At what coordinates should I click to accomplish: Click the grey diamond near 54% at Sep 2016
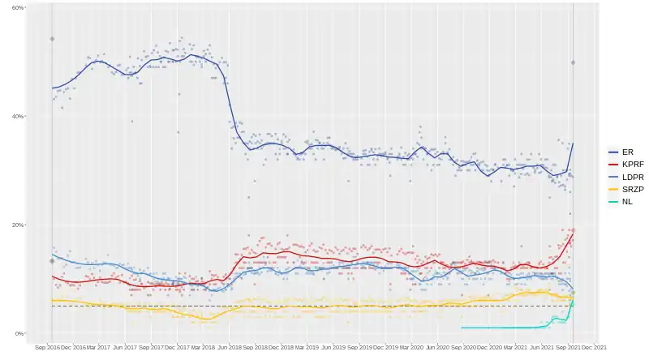tap(52, 39)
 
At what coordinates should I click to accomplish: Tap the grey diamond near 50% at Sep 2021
tap(573, 62)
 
